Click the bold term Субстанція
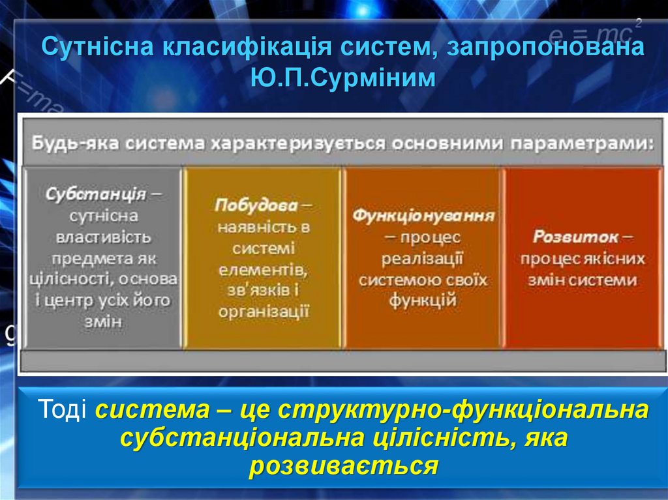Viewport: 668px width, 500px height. pyautogui.click(x=95, y=194)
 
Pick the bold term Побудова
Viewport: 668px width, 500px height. pyautogui.click(x=256, y=205)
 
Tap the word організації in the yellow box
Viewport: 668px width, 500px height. pyautogui.click(x=264, y=312)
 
